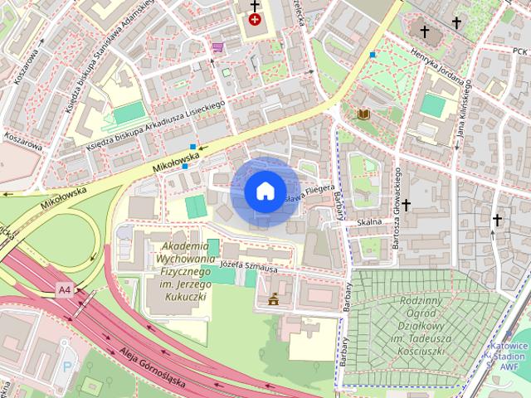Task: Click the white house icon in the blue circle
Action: click(264, 192)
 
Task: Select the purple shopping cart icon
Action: click(217, 47)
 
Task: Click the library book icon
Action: click(363, 114)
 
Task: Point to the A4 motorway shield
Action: click(65, 289)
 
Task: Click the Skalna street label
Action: click(368, 222)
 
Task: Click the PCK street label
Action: click(519, 50)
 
